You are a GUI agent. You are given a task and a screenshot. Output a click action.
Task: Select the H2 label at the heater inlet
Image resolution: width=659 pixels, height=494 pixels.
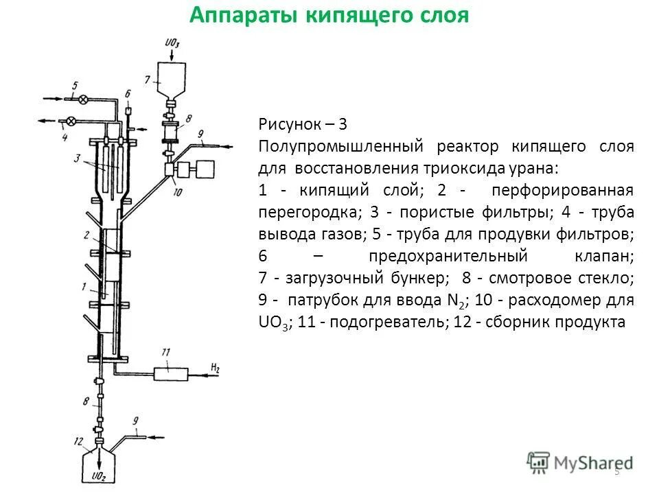tap(215, 368)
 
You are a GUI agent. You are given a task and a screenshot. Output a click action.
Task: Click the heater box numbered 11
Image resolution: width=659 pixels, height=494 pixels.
tap(170, 373)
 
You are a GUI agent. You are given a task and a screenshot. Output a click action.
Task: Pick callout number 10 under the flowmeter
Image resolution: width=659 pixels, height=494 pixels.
tap(177, 193)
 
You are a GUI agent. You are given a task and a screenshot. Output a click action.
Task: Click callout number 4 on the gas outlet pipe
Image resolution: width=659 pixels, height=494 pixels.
tap(64, 137)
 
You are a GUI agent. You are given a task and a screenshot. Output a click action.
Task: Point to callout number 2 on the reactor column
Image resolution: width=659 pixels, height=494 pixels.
tap(87, 235)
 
